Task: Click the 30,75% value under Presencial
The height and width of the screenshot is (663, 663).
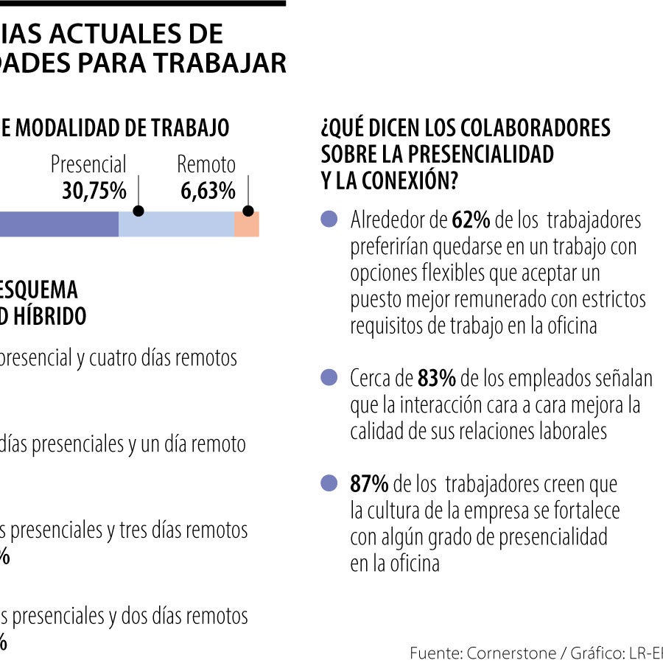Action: (94, 192)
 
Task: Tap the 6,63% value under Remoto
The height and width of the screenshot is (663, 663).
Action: (208, 192)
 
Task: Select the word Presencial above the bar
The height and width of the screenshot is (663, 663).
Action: (88, 164)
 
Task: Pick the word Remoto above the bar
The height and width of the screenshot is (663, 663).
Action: (206, 164)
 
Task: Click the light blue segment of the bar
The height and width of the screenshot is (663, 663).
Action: (176, 225)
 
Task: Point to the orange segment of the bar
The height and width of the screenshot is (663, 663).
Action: (247, 225)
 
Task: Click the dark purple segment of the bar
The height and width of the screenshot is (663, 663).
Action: (59, 225)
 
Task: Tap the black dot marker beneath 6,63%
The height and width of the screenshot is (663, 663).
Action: (248, 211)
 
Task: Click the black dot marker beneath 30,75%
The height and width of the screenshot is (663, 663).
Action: (138, 211)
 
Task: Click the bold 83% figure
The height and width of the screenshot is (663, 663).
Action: (437, 379)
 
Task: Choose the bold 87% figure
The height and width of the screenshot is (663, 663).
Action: (369, 484)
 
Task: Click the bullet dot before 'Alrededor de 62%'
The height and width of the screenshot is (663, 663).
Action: (329, 219)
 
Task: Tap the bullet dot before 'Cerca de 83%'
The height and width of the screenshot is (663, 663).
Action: (329, 378)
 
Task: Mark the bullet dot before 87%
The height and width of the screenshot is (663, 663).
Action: (329, 484)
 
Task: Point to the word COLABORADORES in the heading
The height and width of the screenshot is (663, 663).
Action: (536, 128)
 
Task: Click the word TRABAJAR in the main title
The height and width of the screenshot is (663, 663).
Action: (228, 63)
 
